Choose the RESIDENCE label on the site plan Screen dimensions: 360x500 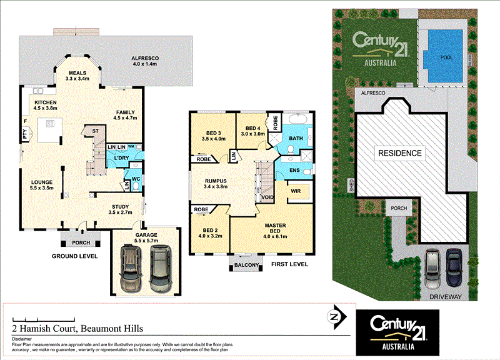click(399, 152)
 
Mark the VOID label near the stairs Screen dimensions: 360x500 click(268, 198)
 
